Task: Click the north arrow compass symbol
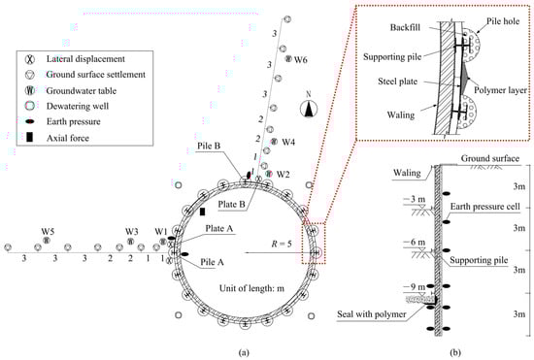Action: pyautogui.click(x=309, y=109)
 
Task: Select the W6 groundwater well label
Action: pyautogui.click(x=301, y=60)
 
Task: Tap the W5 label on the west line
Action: pyautogui.click(x=48, y=231)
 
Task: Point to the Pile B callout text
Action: pyautogui.click(x=209, y=146)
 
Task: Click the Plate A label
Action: pyautogui.click(x=219, y=229)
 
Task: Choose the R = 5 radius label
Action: pyautogui.click(x=282, y=244)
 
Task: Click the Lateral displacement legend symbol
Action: pyautogui.click(x=30, y=59)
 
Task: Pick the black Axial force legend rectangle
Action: pyautogui.click(x=30, y=137)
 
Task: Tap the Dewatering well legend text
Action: pyautogui.click(x=78, y=106)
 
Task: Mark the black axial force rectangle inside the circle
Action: pyautogui.click(x=202, y=212)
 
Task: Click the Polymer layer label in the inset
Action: pyautogui.click(x=500, y=90)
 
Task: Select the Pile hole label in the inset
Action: pyautogui.click(x=503, y=21)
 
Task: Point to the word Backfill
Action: pyautogui.click(x=405, y=27)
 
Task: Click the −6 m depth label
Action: pyautogui.click(x=415, y=243)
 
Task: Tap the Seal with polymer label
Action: pyautogui.click(x=372, y=314)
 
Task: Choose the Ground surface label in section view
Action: pyautogui.click(x=490, y=158)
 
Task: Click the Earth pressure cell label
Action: pyautogui.click(x=484, y=207)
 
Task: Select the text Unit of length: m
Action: pyautogui.click(x=251, y=288)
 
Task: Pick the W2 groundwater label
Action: pyautogui.click(x=283, y=175)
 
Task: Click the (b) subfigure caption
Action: pyautogui.click(x=455, y=352)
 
